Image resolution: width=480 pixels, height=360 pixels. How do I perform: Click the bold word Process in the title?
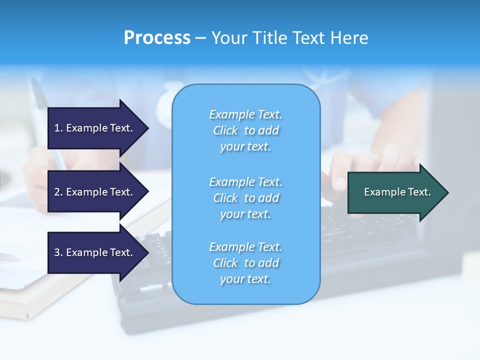pos(157,38)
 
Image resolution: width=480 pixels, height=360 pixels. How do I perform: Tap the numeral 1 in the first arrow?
pos(57,128)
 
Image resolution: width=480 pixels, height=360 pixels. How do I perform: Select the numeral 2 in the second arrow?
pos(57,192)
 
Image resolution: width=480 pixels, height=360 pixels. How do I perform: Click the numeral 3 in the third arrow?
pos(57,252)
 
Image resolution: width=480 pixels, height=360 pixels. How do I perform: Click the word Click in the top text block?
pos(225,130)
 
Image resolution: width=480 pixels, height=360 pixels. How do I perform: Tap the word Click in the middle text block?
pos(225,198)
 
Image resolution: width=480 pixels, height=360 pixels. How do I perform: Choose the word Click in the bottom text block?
pos(225,263)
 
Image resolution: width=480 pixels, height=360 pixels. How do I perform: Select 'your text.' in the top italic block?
pos(245,146)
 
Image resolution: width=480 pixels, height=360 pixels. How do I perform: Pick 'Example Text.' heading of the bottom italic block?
pos(245,247)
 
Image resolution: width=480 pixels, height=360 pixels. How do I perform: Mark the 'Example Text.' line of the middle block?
pos(245,182)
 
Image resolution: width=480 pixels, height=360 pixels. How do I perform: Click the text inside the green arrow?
pos(397,192)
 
